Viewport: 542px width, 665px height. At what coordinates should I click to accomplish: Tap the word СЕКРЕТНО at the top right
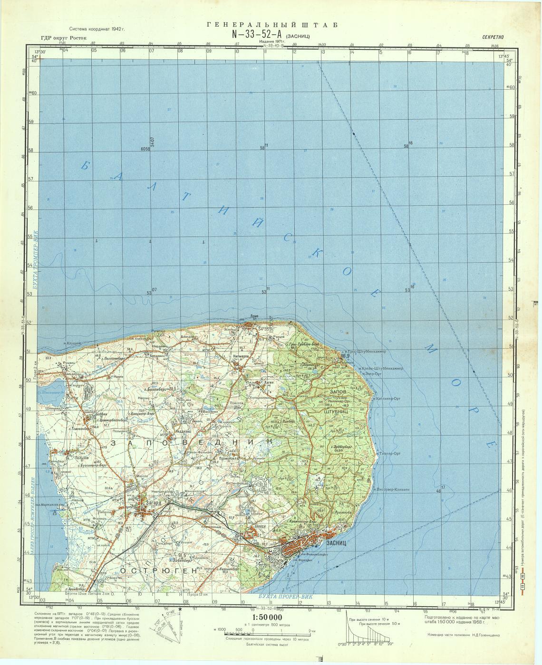click(495, 37)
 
